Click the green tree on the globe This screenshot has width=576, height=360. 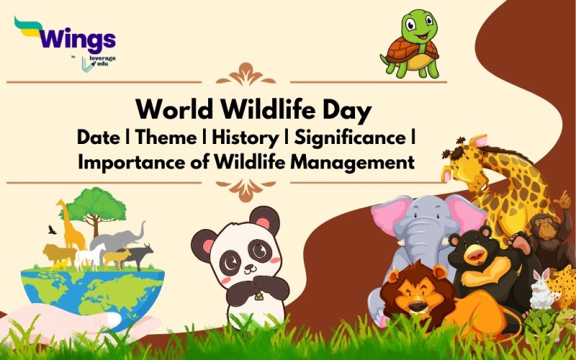98,205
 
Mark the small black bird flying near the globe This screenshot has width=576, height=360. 50,230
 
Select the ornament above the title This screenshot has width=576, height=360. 246,74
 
